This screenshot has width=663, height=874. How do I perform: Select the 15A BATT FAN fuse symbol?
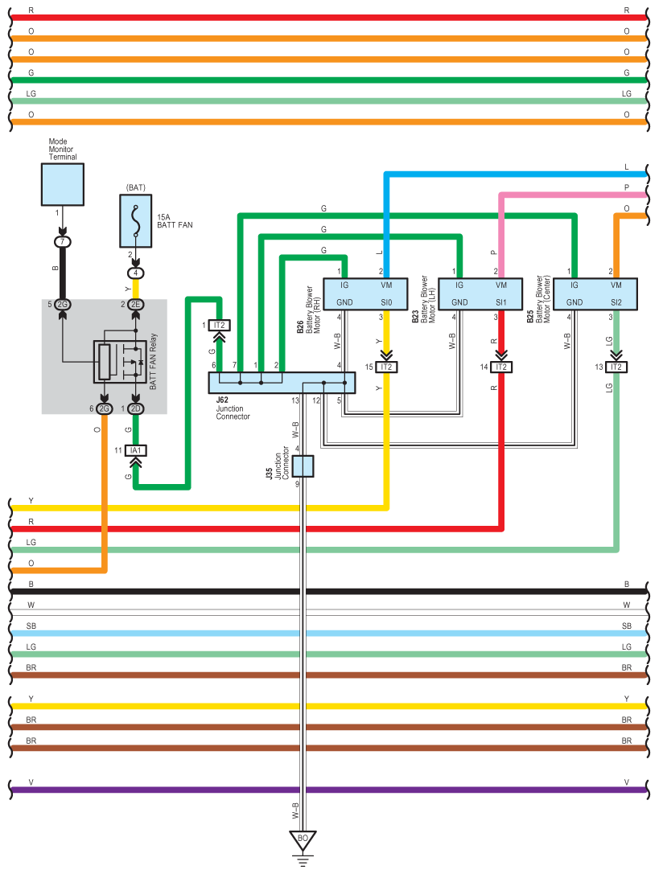(x=136, y=224)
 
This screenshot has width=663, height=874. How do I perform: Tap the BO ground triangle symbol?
(x=303, y=840)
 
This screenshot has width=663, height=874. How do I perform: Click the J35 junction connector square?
(x=303, y=466)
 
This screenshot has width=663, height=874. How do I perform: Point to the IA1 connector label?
(x=136, y=450)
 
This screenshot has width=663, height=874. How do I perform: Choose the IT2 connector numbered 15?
(x=386, y=367)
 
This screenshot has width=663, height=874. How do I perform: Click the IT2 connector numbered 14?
(x=501, y=367)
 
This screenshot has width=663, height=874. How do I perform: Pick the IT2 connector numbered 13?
(x=616, y=367)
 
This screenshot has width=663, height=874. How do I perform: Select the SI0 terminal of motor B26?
(x=386, y=302)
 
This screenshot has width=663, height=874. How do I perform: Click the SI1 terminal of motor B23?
(x=501, y=302)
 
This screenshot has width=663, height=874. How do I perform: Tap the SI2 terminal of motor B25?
(x=616, y=302)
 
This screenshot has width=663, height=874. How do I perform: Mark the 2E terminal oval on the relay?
(x=136, y=304)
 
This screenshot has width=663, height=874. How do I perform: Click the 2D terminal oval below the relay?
(x=136, y=409)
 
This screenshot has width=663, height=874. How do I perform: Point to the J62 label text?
(x=223, y=400)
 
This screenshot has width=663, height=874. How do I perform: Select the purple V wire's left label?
(x=31, y=782)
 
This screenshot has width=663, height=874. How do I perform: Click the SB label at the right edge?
(x=627, y=626)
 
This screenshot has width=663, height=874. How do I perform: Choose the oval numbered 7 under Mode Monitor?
(x=63, y=241)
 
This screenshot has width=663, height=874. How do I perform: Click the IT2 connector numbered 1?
(x=219, y=325)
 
